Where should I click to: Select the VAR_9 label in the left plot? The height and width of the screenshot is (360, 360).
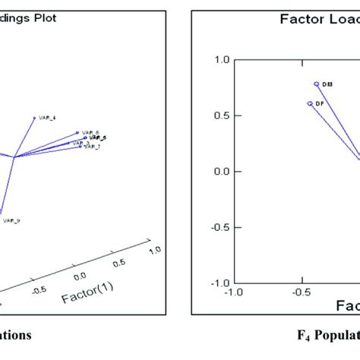(11, 220)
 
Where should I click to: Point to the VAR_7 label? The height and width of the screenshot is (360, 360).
(92, 146)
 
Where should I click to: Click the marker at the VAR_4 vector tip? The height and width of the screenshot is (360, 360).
(34, 118)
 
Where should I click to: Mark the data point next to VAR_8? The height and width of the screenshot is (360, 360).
(77, 132)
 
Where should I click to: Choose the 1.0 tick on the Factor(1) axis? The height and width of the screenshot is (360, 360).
(156, 249)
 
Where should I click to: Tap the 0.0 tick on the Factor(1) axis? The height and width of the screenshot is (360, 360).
(78, 274)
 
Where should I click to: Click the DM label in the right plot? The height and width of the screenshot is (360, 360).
(327, 84)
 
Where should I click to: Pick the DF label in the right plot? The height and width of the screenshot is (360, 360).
(321, 103)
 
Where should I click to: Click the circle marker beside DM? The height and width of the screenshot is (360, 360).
(317, 84)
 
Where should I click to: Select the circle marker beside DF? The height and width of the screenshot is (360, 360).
(310, 103)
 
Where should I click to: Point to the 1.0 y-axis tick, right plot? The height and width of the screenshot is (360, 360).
(222, 60)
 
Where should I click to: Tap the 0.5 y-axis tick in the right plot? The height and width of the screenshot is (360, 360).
(222, 115)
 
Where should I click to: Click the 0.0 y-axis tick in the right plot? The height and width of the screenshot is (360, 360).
(222, 171)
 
